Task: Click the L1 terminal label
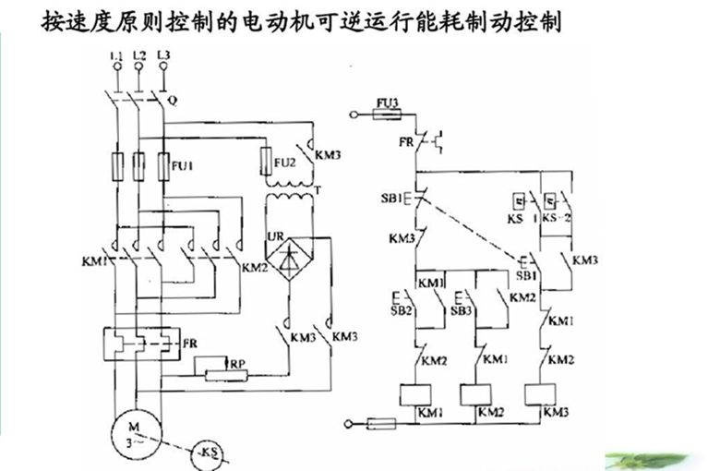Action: coord(115,57)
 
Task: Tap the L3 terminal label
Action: coord(163,57)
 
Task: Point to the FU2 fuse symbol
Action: coord(267,159)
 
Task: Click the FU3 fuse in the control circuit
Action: coord(387,115)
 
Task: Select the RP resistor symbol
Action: coord(218,372)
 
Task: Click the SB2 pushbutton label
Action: coord(402,312)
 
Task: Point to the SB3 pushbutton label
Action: coord(462,312)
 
